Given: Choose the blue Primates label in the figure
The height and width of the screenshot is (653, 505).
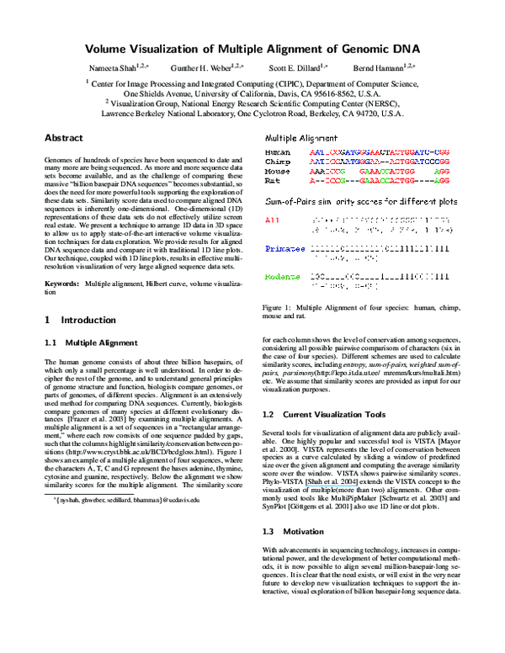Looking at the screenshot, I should tap(282, 248).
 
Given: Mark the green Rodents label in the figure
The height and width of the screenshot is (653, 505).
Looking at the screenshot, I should tap(281, 277).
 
